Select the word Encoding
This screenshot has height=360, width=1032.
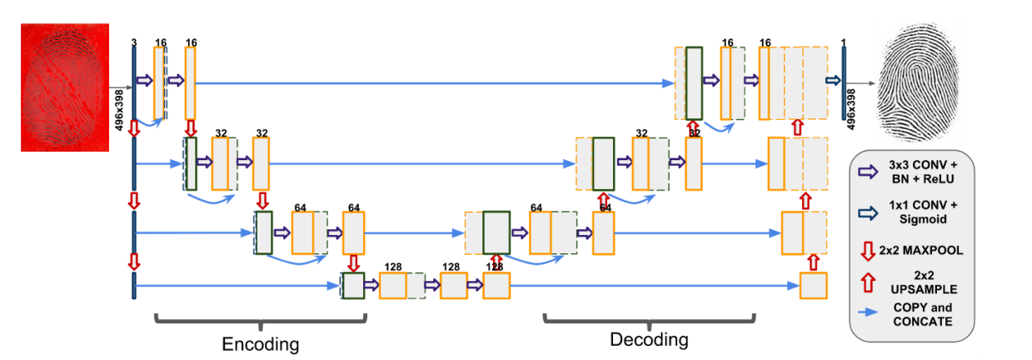[x=259, y=343]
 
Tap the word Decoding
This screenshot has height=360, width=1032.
[x=649, y=339]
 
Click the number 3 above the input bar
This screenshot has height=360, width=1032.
[x=133, y=42]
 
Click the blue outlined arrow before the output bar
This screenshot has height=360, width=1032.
[x=832, y=80]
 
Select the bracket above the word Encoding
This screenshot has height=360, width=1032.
[x=259, y=319]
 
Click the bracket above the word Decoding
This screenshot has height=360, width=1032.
[x=650, y=317]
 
